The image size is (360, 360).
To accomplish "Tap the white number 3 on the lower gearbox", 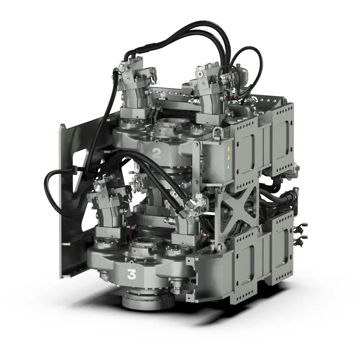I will click(x=132, y=275).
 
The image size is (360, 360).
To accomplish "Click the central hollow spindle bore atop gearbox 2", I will click(x=174, y=126).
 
